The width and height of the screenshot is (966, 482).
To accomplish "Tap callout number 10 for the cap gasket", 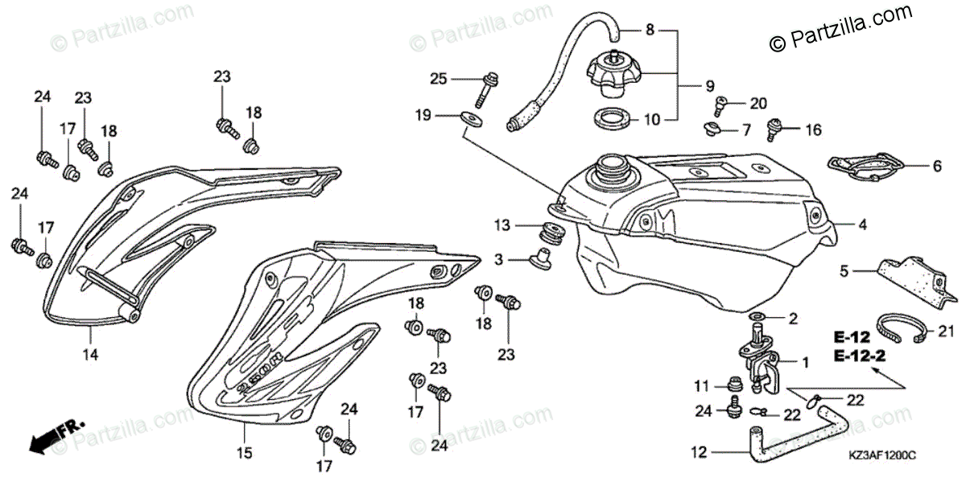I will pyautogui.click(x=651, y=120).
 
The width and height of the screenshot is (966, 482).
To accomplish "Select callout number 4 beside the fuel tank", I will pyautogui.click(x=861, y=226).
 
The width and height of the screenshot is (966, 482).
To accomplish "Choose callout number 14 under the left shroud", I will pyautogui.click(x=91, y=352).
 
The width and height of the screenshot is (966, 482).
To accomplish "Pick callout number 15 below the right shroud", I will pyautogui.click(x=243, y=452).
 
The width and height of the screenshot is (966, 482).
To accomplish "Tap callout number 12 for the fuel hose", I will pyautogui.click(x=698, y=452).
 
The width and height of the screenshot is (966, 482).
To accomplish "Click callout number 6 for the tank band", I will pyautogui.click(x=935, y=167).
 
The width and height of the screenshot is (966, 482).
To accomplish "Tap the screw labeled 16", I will pyautogui.click(x=777, y=127).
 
